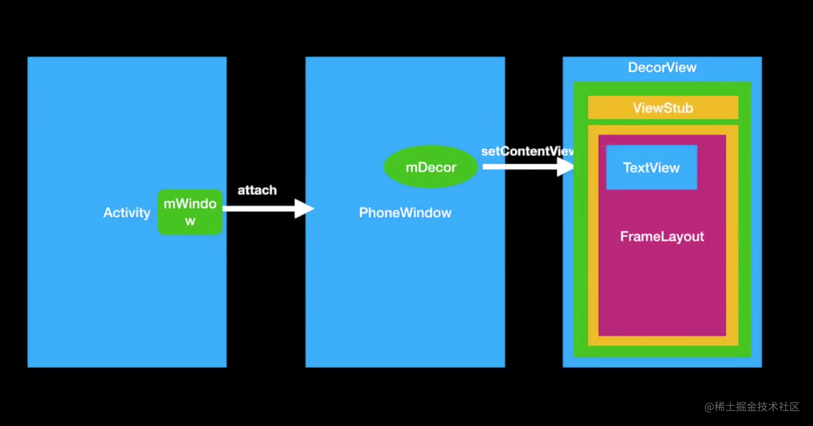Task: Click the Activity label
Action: coord(127,213)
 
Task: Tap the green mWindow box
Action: coord(190,212)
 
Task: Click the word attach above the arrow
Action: coord(257,190)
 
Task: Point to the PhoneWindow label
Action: coord(405,213)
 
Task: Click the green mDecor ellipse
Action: coord(431,167)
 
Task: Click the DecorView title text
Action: coord(662,68)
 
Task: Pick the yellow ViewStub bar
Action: coord(663,108)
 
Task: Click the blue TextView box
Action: coord(651,167)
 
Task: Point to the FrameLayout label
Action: coord(662,237)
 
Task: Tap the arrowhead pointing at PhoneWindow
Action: coord(305,208)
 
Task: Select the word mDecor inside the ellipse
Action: coord(431,167)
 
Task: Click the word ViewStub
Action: coord(663,109)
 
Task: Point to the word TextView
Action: coord(651,168)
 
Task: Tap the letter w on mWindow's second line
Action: coord(190,221)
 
